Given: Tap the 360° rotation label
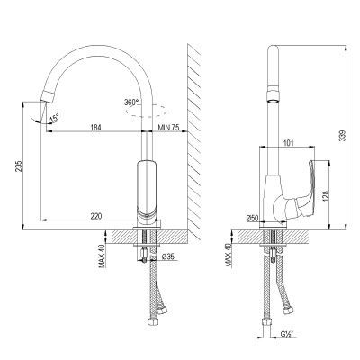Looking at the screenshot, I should [134, 103].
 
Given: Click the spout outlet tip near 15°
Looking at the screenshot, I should [45, 100].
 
